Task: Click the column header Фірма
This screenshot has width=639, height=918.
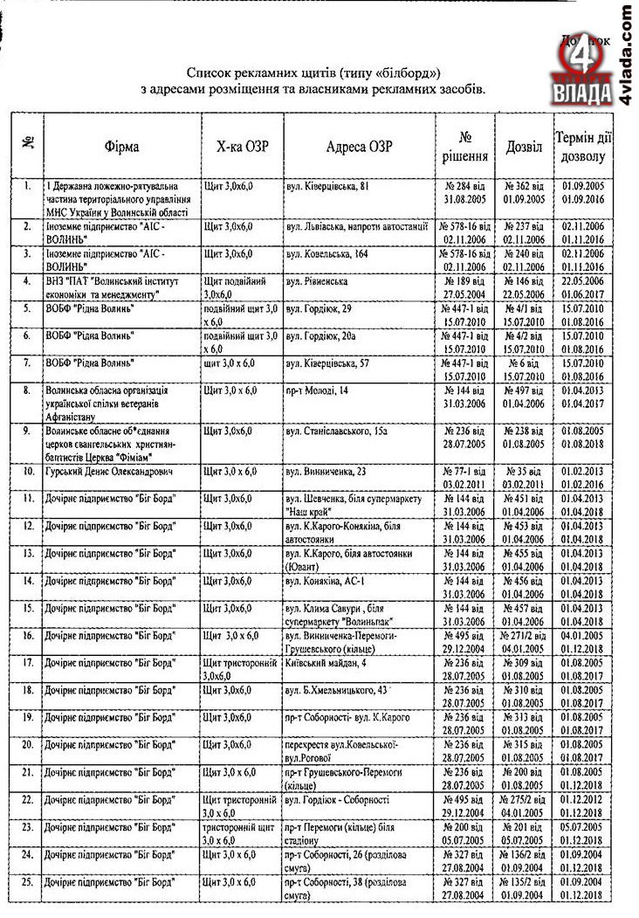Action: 121,148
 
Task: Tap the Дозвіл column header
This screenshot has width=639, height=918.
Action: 524,148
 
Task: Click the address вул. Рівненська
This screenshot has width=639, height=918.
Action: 317,283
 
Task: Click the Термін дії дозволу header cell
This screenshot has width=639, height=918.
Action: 583,148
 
